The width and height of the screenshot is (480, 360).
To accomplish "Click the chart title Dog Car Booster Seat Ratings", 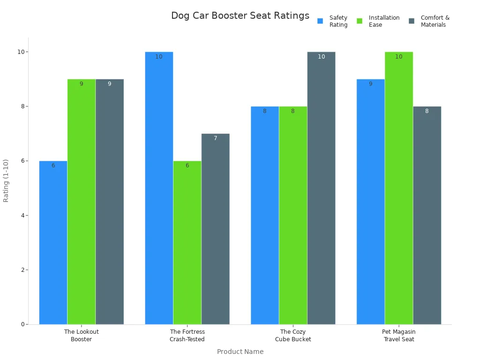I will pos(240,16).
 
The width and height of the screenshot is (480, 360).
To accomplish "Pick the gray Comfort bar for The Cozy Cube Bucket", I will pos(321,187).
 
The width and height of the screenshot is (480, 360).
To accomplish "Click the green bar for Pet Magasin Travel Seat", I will pos(398,187).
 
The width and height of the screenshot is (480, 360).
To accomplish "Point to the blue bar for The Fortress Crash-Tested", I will pos(159,187).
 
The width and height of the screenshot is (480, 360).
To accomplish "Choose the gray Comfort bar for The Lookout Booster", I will pos(109,202).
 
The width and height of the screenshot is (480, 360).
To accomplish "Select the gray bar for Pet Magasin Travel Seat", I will pos(427,215).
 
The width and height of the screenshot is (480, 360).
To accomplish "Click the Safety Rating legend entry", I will pos(333,21).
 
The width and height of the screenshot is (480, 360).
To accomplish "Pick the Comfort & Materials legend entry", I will pos(429,21).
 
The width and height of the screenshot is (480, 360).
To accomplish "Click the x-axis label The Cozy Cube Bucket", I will pos(293,336).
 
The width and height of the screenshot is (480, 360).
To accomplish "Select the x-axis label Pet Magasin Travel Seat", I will pos(399,336).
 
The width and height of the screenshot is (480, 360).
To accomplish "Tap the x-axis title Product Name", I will pos(240,352).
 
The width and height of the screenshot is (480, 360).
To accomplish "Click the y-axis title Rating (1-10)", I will pos(6,180).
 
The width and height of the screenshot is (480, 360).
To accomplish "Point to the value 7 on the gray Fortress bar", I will pos(215,138).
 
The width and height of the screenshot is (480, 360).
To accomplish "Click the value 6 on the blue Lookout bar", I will pos(53,165).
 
